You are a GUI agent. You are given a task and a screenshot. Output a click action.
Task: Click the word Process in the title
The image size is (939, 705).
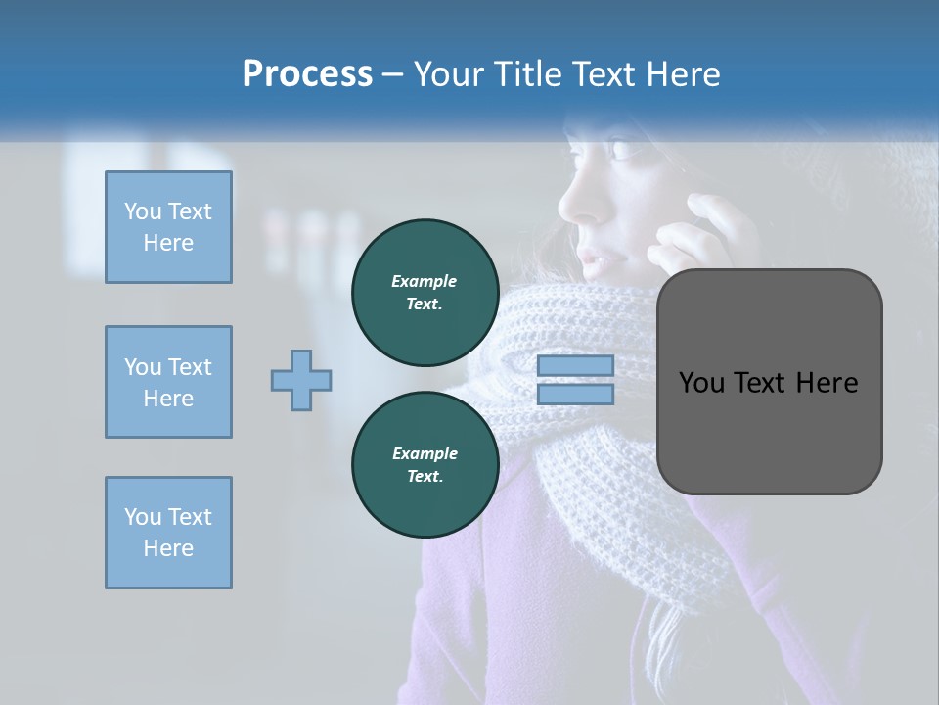[307, 74]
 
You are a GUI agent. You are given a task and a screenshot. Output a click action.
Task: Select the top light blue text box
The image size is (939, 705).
[168, 227]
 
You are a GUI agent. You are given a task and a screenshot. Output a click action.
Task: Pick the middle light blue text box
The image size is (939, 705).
[168, 382]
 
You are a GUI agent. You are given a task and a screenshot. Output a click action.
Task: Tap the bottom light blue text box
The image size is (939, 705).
[168, 533]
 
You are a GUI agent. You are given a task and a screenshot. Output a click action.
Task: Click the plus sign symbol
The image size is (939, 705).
[301, 380]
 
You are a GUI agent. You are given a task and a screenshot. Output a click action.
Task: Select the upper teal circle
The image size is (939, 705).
[425, 293]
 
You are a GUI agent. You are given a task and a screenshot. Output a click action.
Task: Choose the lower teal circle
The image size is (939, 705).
[425, 465]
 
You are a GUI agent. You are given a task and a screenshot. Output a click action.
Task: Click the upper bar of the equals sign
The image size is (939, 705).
[575, 365]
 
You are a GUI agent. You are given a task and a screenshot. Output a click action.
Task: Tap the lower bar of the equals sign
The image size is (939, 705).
[575, 395]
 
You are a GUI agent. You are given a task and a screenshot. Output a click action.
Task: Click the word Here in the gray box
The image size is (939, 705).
[827, 383]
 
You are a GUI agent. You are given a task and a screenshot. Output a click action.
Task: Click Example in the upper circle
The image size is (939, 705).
[425, 281]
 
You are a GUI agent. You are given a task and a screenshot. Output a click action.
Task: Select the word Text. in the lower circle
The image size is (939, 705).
[425, 477]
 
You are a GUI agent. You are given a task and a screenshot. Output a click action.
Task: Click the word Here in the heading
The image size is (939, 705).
[681, 74]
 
